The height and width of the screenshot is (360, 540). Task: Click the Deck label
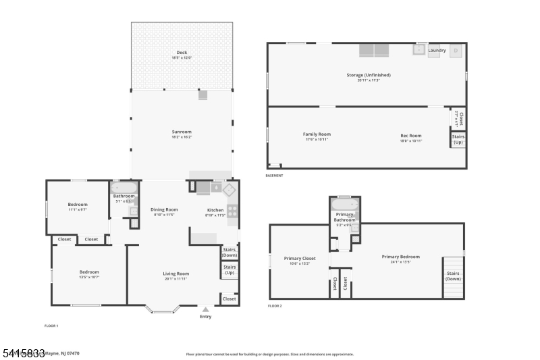click(182, 53)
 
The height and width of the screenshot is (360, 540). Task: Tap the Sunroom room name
click(182, 132)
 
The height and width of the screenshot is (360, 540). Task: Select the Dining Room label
click(164, 210)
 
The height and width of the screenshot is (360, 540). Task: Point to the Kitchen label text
click(215, 210)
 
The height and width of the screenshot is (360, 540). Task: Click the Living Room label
click(175, 274)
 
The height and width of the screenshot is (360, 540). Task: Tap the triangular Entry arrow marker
click(206, 309)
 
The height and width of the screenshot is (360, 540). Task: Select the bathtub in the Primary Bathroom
click(344, 204)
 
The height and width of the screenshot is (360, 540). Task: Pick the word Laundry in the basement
click(437, 50)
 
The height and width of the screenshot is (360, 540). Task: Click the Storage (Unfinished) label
click(369, 75)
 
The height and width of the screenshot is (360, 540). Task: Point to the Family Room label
click(317, 134)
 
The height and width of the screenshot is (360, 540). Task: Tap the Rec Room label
click(410, 135)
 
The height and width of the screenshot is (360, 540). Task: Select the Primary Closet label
click(300, 258)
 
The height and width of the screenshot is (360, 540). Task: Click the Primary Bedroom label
click(400, 257)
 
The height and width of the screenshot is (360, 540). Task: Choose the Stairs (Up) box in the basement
click(458, 140)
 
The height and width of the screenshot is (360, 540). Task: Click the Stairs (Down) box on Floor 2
click(454, 276)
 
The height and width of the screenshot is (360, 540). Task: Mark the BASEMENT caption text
click(274, 176)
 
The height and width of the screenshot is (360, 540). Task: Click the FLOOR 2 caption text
click(275, 306)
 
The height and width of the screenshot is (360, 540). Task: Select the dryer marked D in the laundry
click(456, 51)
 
